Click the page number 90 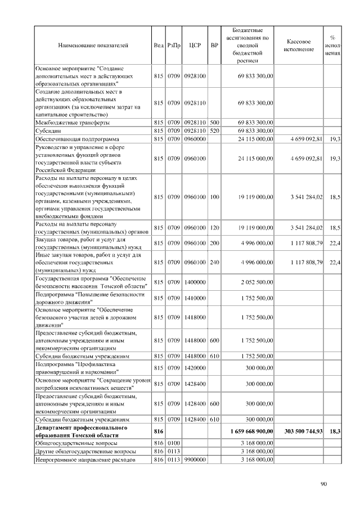point(323,483)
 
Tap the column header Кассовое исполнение point(299,46)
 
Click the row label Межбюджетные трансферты point(73,122)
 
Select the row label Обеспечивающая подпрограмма point(77,138)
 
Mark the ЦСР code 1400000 point(195,282)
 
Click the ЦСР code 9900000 point(195,460)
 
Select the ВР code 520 point(214,130)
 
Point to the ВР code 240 point(214,262)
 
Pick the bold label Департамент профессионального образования point(81,431)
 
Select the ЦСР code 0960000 point(195,138)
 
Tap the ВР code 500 point(214,122)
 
